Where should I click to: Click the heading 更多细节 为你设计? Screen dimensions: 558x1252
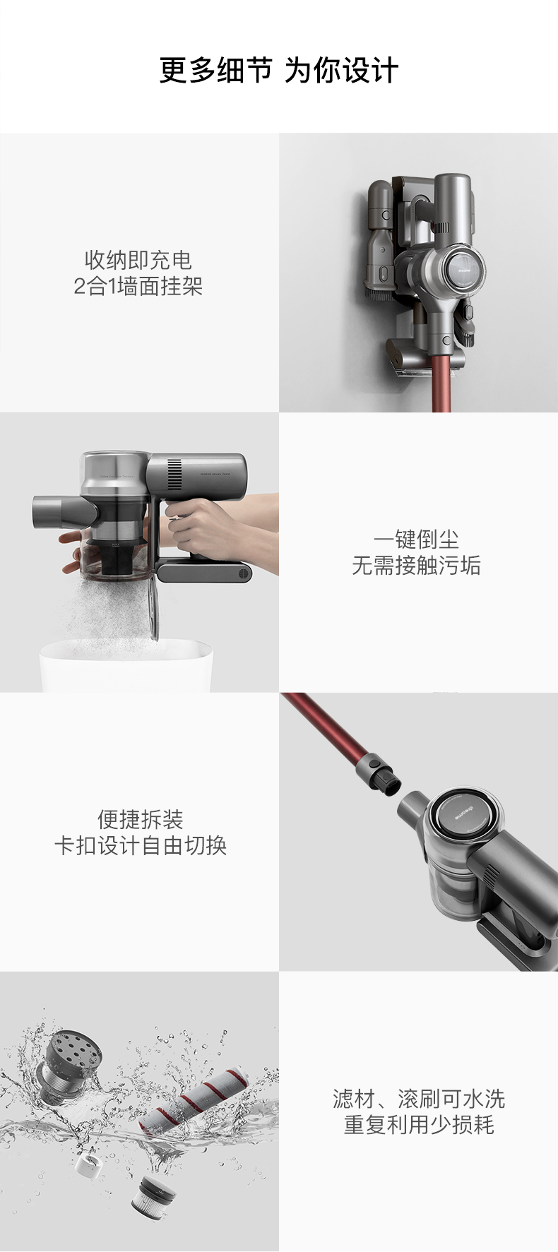tap(279, 71)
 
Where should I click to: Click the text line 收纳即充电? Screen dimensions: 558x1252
tap(138, 260)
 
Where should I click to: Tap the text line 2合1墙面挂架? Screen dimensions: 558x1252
tap(138, 287)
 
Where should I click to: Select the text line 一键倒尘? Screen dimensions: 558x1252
tap(417, 539)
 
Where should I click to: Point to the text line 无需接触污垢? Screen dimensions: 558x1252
tap(417, 566)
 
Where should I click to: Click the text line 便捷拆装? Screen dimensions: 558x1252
tap(141, 819)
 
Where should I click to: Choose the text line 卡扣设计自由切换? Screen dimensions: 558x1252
tap(141, 846)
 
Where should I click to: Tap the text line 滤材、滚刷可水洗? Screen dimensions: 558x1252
tap(419, 1099)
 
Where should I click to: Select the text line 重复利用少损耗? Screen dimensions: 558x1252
tap(419, 1125)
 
